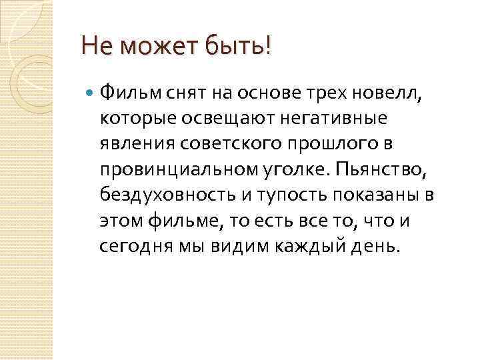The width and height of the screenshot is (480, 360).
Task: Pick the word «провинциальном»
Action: click(x=174, y=169)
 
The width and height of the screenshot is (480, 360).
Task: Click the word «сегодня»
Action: click(x=131, y=247)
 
